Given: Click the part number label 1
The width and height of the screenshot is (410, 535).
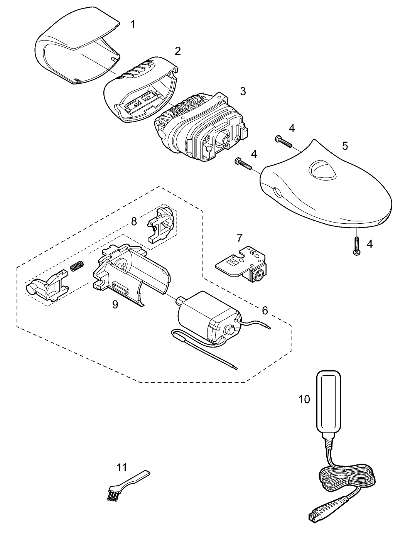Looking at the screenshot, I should tap(133, 25).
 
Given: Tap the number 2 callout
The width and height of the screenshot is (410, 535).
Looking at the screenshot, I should tap(177, 51).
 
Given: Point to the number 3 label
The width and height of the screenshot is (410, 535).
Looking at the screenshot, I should tap(243, 91).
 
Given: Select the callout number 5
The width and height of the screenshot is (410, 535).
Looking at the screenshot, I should tap(345, 146).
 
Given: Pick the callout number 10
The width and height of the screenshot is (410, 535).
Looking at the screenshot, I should tap(304, 399).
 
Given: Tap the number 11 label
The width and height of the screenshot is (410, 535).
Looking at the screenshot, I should tap(122, 467).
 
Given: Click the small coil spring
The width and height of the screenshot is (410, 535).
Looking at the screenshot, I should tap(77, 266).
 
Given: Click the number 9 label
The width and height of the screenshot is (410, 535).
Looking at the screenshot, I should tap(115, 304).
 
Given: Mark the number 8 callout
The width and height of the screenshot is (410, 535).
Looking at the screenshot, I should tap(134, 221).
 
